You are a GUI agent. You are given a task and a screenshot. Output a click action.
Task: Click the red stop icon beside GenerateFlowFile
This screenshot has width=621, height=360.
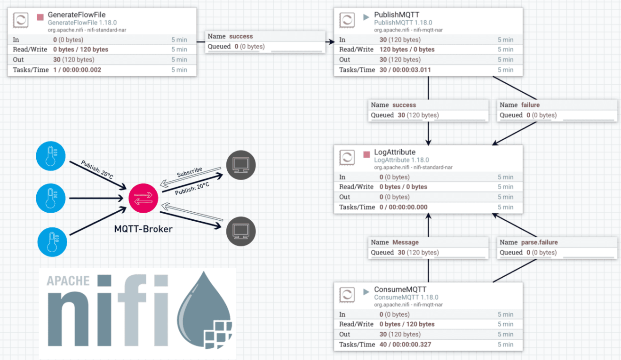click(x=40, y=17)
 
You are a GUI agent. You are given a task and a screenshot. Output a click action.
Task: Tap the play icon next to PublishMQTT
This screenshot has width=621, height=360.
click(x=366, y=17)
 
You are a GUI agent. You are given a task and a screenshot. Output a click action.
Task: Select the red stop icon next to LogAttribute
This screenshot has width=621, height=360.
click(x=366, y=154)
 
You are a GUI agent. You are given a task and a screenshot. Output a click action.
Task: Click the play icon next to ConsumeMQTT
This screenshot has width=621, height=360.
click(x=366, y=292)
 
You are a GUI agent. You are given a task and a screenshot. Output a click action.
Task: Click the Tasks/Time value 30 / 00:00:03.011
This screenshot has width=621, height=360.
click(x=405, y=70)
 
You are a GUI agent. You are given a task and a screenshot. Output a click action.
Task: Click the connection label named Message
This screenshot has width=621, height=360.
click(x=405, y=242)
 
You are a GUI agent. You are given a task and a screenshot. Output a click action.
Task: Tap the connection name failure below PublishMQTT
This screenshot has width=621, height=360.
click(x=530, y=105)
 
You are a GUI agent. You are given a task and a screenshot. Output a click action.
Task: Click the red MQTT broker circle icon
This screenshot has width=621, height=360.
click(x=143, y=197)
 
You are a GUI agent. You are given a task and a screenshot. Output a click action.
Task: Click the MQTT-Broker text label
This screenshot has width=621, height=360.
click(x=143, y=229)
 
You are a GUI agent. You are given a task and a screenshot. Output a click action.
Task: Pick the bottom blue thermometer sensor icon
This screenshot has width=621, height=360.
click(x=52, y=242)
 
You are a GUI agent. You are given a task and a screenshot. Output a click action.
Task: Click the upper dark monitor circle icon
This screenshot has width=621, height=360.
click(x=241, y=165)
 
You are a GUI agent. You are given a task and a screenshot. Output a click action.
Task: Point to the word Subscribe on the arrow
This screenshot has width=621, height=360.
click(x=189, y=172)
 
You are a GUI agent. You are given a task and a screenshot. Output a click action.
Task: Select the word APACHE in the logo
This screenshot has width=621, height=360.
click(x=68, y=281)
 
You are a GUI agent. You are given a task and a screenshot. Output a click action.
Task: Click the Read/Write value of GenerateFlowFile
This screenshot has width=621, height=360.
click(x=80, y=49)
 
